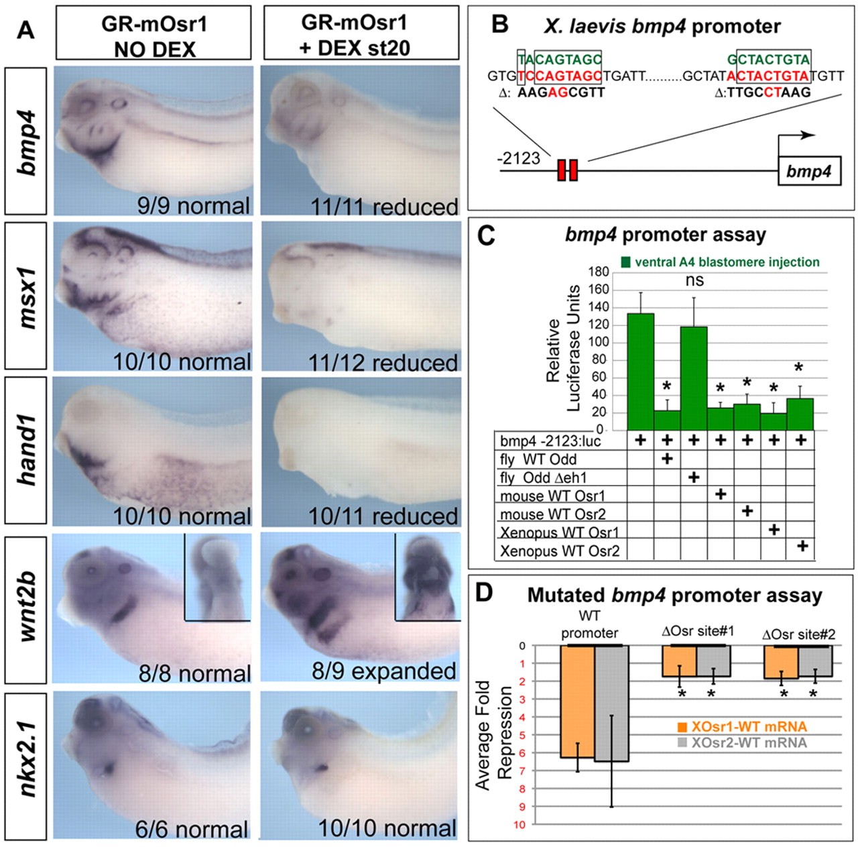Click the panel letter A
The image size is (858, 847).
(25, 30)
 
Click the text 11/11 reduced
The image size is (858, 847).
(384, 207)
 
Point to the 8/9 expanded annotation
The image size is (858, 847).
(384, 671)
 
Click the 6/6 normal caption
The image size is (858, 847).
(192, 829)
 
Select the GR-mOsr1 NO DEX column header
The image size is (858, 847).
(154, 34)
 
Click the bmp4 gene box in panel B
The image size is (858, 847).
(808, 172)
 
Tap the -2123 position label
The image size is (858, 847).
(518, 158)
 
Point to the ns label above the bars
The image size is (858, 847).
(694, 280)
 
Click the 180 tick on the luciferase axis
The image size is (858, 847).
(599, 272)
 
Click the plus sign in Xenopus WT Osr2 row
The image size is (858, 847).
(802, 546)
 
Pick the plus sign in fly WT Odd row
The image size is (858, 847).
(667, 459)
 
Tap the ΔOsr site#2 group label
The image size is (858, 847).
(798, 634)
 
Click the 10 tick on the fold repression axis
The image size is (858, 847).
(520, 824)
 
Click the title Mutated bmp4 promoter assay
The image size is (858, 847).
(674, 596)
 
